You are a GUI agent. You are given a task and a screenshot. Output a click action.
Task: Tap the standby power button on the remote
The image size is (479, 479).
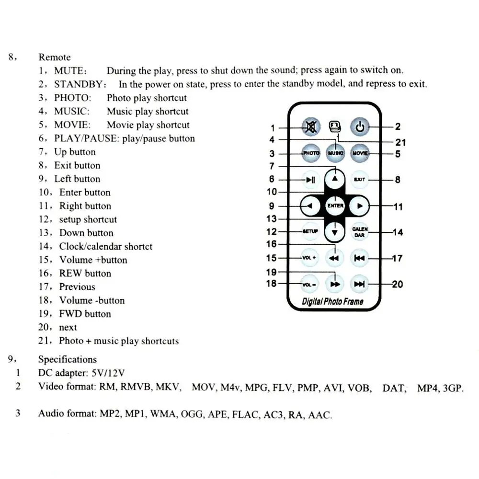coord(360,127)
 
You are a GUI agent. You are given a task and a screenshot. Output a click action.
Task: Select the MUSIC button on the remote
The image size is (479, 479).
coord(335,153)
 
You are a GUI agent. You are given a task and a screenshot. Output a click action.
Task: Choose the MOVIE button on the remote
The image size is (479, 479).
coord(360,153)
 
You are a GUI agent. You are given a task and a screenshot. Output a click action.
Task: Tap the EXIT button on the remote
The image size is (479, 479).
coord(360,180)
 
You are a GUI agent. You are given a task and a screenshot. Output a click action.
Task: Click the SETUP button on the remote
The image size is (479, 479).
coord(310,232)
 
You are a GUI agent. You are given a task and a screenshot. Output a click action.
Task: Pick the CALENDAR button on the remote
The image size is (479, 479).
coord(360,232)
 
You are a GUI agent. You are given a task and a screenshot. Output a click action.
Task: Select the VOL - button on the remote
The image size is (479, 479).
coord(310,284)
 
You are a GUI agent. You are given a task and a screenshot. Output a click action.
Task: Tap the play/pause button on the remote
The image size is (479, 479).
coord(310,180)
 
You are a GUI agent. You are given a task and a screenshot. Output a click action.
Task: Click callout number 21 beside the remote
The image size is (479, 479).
coord(400,142)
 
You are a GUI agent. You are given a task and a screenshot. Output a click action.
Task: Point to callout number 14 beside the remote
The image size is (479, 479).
coord(398,232)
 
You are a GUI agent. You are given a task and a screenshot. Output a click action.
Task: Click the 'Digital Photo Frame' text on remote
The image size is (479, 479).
coord(333,302)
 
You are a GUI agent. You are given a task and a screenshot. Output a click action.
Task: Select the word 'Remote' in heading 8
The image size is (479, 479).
coord(55,57)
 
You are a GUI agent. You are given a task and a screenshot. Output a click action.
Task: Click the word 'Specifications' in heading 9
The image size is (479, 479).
coord(67,359)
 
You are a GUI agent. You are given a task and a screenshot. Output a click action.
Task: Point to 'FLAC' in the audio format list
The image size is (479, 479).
coord(244,415)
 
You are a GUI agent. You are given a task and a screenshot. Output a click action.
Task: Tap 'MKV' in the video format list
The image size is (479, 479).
coord(168,388)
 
